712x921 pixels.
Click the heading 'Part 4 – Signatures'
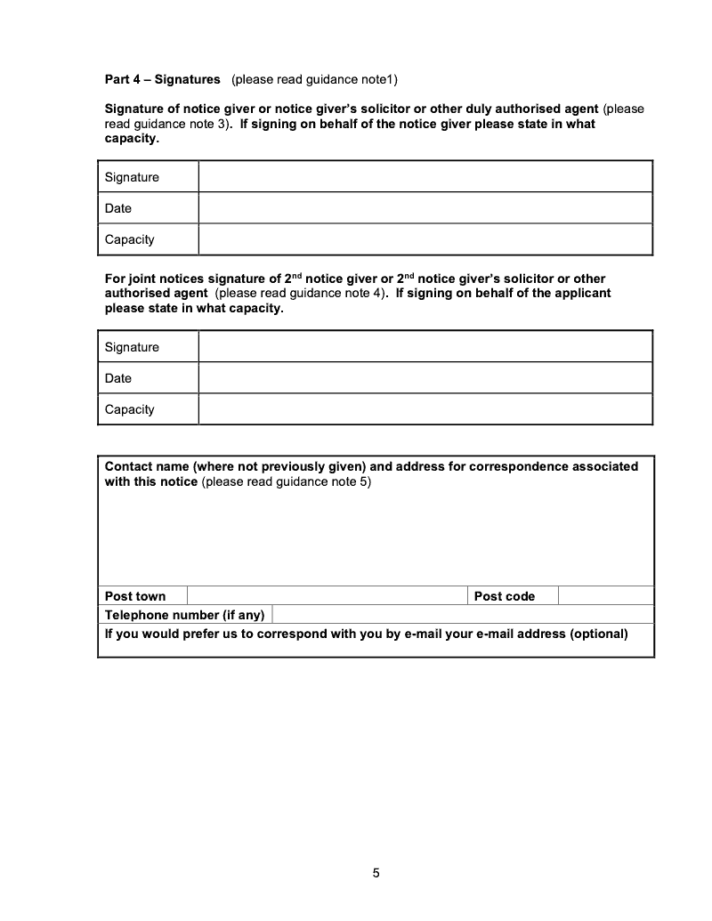(162, 79)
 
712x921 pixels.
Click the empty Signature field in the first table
(425, 177)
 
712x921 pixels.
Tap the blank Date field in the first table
(425, 208)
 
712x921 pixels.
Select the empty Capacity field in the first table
(425, 239)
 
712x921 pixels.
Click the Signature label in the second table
(132, 347)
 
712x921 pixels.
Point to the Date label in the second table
(117, 378)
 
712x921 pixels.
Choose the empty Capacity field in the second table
(425, 409)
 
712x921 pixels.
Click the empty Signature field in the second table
(425, 347)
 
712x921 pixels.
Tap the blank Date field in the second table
(425, 378)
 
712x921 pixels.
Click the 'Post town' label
(135, 596)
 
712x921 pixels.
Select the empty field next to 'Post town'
(327, 596)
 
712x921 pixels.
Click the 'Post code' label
(505, 596)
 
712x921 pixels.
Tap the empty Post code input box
(606, 596)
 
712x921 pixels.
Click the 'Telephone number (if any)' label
(185, 615)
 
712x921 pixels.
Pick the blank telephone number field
(463, 615)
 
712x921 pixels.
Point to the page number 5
(376, 873)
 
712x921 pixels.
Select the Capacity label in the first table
(129, 239)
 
